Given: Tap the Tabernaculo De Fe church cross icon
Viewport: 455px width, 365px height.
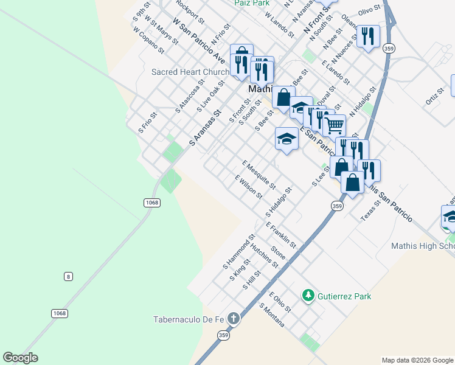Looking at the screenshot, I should [233, 318].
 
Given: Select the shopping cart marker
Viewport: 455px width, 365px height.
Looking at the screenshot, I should [334, 126].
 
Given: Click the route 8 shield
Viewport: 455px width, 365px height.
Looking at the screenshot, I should [68, 277].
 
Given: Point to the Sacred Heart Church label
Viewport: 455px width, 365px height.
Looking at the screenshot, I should [190, 72].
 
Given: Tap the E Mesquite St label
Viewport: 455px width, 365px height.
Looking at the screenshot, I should [259, 175].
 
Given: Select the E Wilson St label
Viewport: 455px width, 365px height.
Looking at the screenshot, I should [249, 187].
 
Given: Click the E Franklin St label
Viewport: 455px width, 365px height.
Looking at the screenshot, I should [280, 235].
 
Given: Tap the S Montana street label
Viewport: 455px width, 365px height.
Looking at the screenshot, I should [272, 315].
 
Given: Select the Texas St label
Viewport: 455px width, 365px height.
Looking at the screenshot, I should [370, 210].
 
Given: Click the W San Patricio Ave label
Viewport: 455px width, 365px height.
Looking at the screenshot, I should [199, 41].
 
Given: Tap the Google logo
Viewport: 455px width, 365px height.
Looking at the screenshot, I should [21, 358].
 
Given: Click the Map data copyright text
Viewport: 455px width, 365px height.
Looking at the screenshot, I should [417, 360].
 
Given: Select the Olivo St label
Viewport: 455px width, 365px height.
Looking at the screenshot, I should [369, 9].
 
